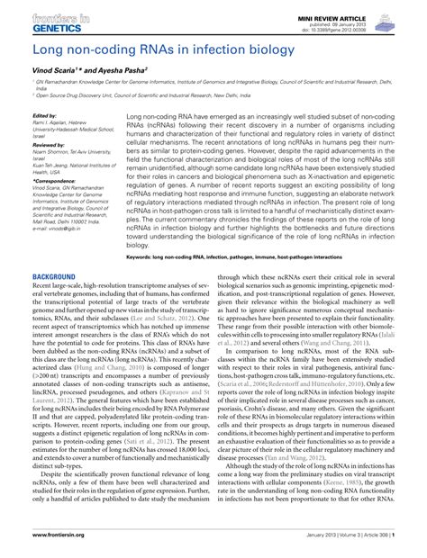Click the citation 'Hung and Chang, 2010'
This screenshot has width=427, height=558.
point(77,367)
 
